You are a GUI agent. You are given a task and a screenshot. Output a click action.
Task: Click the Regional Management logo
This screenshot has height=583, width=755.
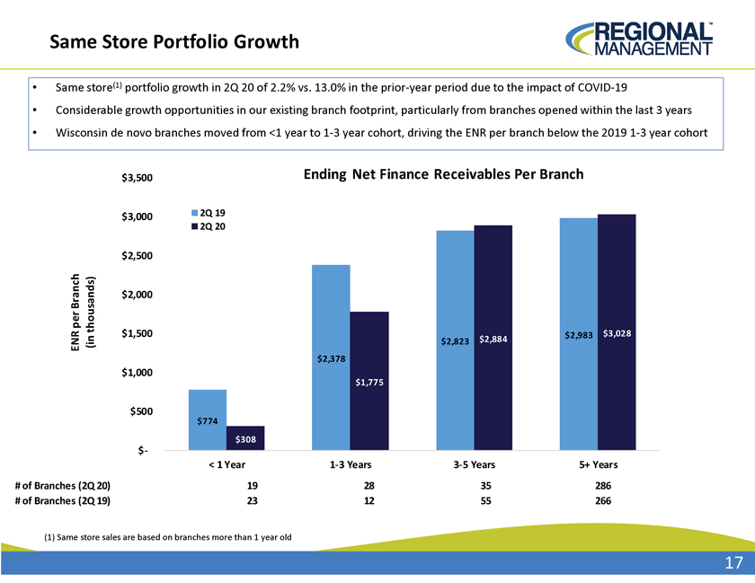point(639,39)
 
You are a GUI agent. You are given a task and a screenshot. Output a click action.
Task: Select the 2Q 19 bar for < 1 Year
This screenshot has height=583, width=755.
point(208,420)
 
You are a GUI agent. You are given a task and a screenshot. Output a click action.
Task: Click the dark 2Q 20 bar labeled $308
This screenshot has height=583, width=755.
point(245,438)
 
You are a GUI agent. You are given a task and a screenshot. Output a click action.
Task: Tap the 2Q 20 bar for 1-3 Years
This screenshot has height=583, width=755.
point(369,381)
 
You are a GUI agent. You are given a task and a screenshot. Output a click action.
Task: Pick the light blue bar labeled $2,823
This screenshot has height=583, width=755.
point(455,340)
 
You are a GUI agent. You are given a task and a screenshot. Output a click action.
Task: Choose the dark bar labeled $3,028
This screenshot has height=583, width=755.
point(617,332)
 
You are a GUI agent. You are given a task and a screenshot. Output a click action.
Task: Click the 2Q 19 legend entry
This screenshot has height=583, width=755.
point(208,213)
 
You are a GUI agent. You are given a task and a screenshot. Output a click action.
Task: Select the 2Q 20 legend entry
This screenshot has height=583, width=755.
point(208,226)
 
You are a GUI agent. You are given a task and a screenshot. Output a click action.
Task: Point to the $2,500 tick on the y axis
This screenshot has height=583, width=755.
point(137,256)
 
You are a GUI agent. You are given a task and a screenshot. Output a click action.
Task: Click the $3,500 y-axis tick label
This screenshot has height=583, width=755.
point(137,178)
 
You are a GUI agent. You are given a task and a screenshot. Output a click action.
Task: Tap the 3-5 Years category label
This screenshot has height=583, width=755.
point(475,464)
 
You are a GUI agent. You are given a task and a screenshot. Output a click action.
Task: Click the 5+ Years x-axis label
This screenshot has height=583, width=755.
point(598,464)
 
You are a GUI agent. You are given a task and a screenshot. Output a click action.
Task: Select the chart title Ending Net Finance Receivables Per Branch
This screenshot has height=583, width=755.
point(443,173)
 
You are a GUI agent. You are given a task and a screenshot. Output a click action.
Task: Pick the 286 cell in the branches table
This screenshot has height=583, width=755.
point(603,486)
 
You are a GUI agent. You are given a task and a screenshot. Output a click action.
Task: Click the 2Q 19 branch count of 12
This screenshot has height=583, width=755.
point(369,500)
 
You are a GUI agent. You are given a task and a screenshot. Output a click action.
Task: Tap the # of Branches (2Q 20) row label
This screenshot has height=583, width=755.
point(63,486)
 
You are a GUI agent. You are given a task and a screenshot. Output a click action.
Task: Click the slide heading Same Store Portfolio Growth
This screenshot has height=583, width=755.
point(174,42)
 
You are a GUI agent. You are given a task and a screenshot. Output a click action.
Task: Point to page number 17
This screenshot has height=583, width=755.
point(733,562)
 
